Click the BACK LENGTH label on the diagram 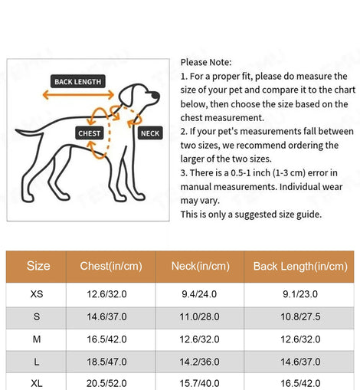(78, 81)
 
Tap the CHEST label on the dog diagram (90, 133)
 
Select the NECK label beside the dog (150, 133)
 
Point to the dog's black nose (155, 95)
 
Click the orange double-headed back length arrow (78, 95)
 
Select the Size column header (38, 266)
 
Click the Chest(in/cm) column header (111, 266)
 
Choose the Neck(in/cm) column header (201, 266)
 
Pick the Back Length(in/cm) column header (300, 266)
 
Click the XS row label (37, 294)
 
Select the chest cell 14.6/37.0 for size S (106, 316)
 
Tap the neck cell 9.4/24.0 (199, 294)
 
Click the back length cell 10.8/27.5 (300, 316)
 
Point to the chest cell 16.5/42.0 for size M (106, 339)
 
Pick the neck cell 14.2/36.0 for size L (199, 362)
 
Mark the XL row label (37, 383)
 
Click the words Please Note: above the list (206, 62)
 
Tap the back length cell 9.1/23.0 (300, 294)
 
